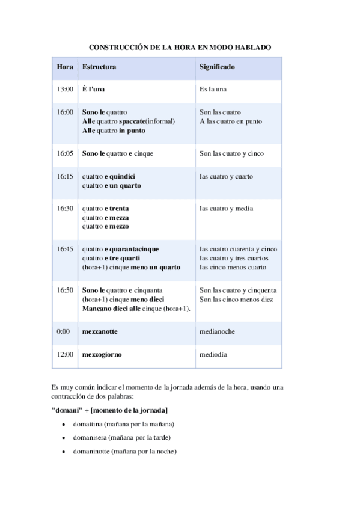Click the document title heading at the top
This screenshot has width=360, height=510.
pos(180,46)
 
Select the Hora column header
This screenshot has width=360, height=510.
pos(65,66)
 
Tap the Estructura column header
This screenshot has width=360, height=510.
pos(99,66)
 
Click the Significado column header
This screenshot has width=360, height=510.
pos(217,66)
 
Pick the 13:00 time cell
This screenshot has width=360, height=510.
pos(65,89)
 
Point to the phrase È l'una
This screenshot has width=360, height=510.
pos(93,89)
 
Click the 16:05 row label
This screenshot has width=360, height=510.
pos(65,153)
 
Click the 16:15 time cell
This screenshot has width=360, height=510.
pos(65,176)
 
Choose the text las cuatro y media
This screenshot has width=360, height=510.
pos(227,209)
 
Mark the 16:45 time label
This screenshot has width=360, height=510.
pos(65,249)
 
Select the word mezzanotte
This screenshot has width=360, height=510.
pos(100,331)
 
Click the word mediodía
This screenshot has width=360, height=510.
pos(213,354)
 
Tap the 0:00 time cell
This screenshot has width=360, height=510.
pos(63,331)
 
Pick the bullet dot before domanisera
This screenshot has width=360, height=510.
pos(64,438)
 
